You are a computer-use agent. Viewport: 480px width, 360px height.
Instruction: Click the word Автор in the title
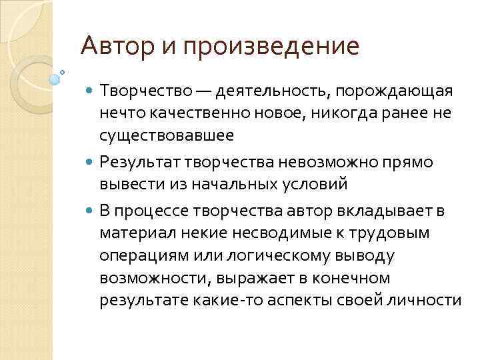[115, 46]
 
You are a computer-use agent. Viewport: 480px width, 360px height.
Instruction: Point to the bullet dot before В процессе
[91, 212]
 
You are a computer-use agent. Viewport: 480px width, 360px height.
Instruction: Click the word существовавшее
[167, 136]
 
